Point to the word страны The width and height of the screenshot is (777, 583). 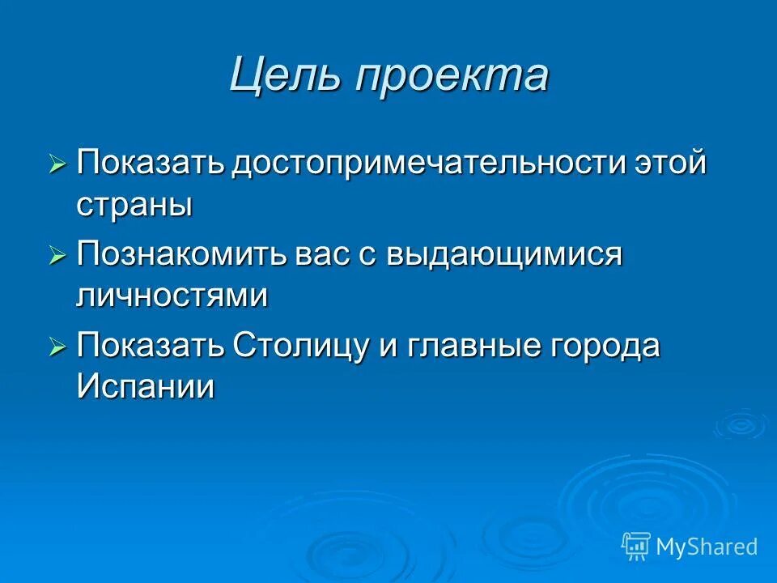point(134,204)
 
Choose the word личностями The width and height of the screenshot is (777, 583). point(172,296)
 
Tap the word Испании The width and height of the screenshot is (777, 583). point(146,387)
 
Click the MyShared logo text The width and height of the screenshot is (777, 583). point(706,547)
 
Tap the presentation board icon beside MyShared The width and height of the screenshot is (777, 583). point(636,547)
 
